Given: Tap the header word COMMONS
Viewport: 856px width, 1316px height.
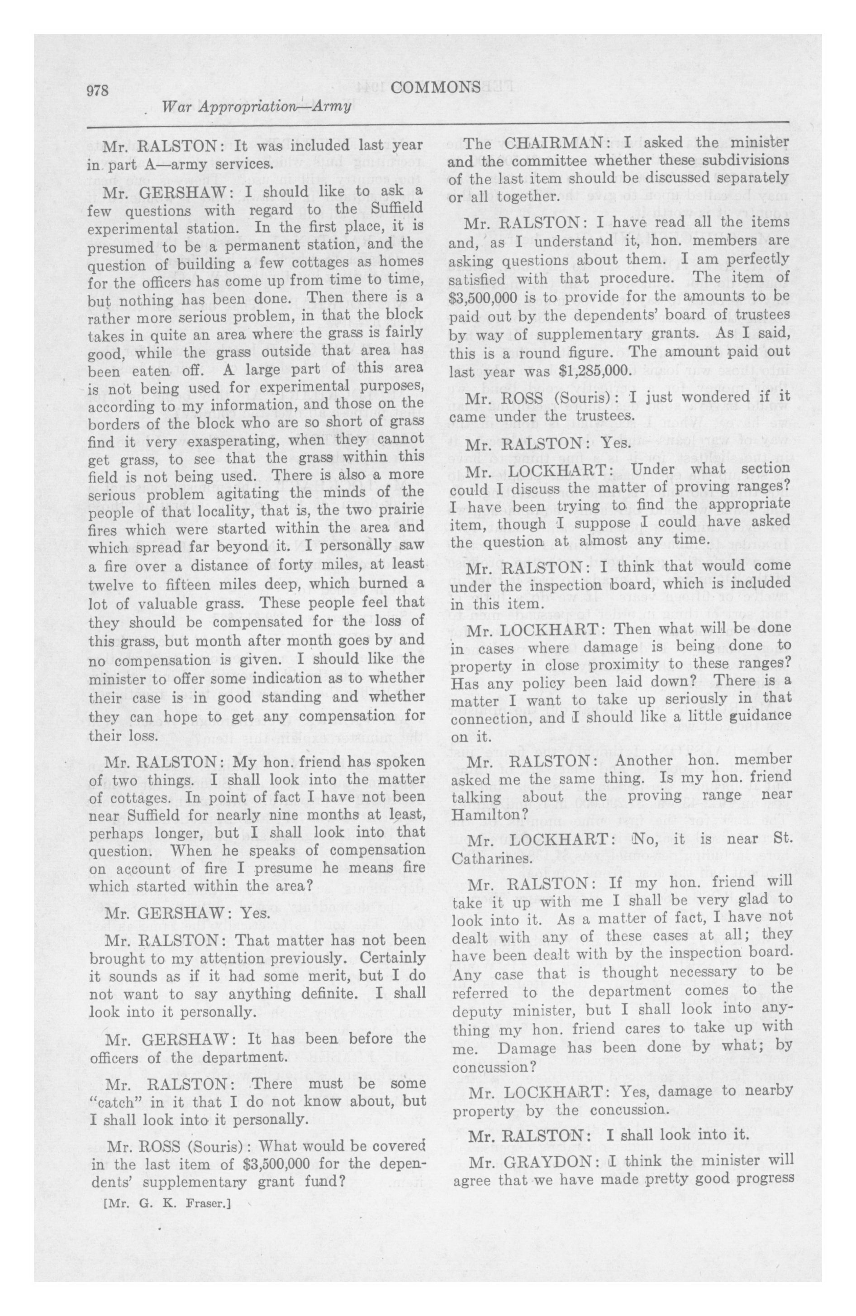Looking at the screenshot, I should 435,87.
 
